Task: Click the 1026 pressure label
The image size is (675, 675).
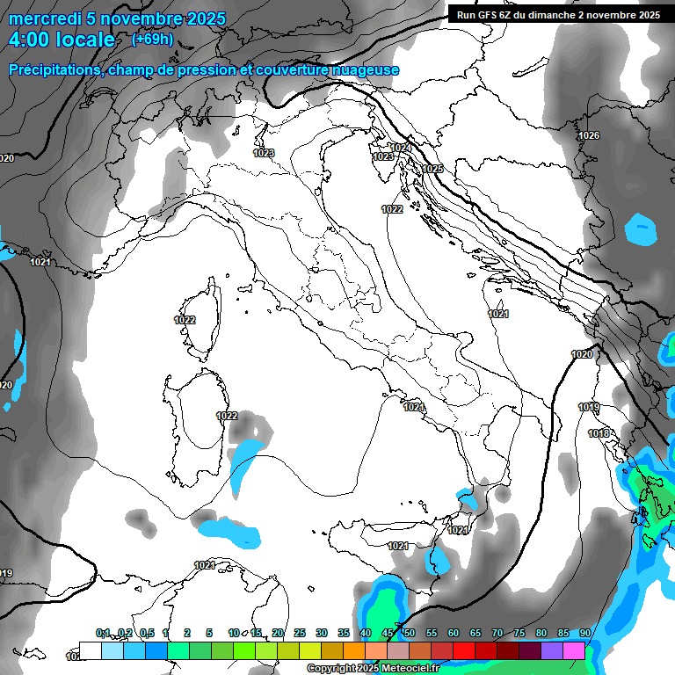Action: (589, 135)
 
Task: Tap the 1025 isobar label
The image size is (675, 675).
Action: (432, 169)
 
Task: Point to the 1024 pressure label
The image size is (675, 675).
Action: (402, 148)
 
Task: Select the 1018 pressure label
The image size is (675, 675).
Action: (599, 433)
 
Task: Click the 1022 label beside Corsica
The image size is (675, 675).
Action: (185, 320)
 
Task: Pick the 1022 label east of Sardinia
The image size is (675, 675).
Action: (227, 416)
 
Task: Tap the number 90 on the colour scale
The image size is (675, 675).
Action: (584, 633)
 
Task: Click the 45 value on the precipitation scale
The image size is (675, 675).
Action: (388, 633)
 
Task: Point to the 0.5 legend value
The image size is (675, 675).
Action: (147, 633)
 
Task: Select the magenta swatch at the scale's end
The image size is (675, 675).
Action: (574, 650)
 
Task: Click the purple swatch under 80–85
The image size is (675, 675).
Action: (552, 650)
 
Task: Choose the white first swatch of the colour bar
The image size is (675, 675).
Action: (91, 650)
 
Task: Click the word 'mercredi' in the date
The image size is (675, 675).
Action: (41, 18)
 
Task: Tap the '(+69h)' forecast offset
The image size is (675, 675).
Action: (152, 40)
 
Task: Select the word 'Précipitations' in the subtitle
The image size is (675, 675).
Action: (53, 70)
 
